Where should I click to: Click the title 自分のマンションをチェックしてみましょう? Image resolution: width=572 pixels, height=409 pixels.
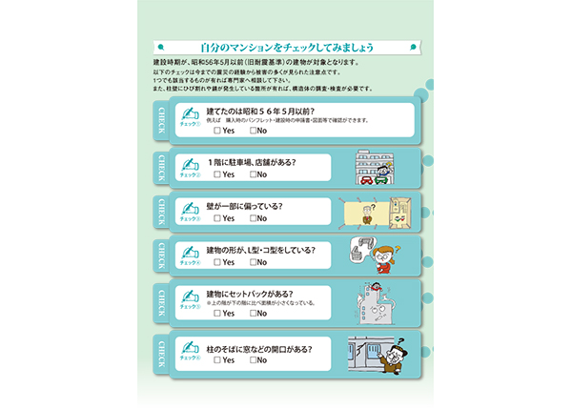click(285, 48)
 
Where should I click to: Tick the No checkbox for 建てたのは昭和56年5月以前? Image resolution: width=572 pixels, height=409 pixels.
click(253, 131)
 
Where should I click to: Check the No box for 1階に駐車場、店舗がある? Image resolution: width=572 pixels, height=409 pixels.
click(253, 175)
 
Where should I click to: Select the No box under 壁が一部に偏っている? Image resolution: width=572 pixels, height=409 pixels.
click(253, 219)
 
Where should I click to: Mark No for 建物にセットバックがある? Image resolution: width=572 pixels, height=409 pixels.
click(253, 313)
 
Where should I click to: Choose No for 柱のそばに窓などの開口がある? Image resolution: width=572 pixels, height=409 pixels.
click(253, 360)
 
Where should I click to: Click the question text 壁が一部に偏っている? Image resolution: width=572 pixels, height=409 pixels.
click(245, 206)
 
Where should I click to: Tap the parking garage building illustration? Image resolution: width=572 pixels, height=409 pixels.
click(367, 167)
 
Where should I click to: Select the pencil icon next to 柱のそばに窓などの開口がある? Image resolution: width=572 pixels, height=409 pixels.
click(191, 348)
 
